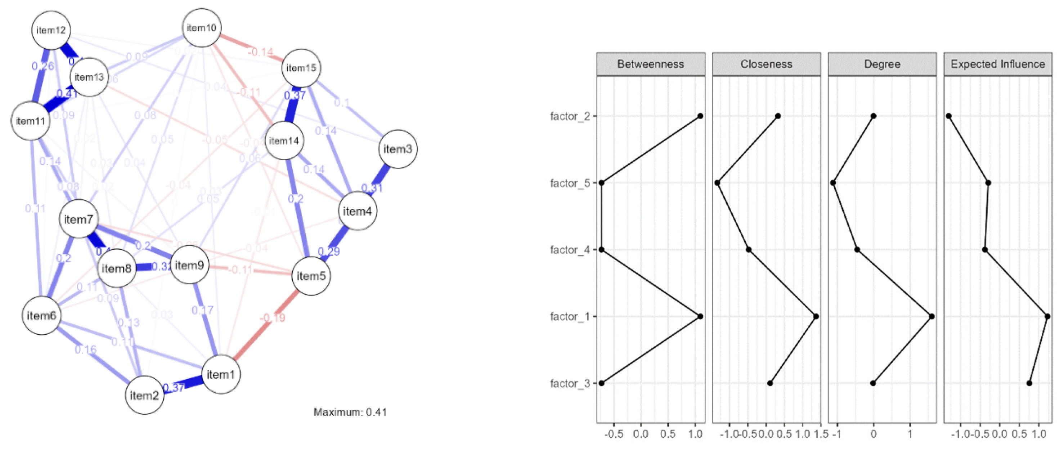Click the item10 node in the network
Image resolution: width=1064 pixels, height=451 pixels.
(202, 28)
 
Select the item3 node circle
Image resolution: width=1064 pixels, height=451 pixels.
(398, 149)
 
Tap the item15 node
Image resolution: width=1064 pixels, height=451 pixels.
(301, 68)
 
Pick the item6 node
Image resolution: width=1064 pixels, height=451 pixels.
(41, 316)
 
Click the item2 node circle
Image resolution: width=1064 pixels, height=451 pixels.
(144, 395)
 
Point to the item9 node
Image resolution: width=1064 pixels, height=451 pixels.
(189, 265)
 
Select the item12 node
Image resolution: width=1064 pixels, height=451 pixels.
(51, 30)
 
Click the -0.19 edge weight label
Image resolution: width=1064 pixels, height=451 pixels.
(273, 317)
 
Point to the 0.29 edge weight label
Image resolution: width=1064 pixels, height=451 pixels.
(329, 251)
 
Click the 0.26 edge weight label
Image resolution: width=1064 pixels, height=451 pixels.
(42, 66)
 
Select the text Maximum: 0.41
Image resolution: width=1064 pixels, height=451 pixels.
(350, 412)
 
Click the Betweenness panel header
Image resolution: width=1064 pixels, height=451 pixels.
(650, 64)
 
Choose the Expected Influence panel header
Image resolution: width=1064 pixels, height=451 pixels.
(997, 64)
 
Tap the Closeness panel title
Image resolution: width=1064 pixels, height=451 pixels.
(766, 64)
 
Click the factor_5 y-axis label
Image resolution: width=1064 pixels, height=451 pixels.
(570, 183)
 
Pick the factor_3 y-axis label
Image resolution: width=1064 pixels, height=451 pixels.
(570, 383)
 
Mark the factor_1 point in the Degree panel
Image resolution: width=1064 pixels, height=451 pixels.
(932, 316)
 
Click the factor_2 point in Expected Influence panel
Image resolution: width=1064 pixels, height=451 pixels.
(949, 116)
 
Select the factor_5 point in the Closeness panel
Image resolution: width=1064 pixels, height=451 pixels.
(718, 183)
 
